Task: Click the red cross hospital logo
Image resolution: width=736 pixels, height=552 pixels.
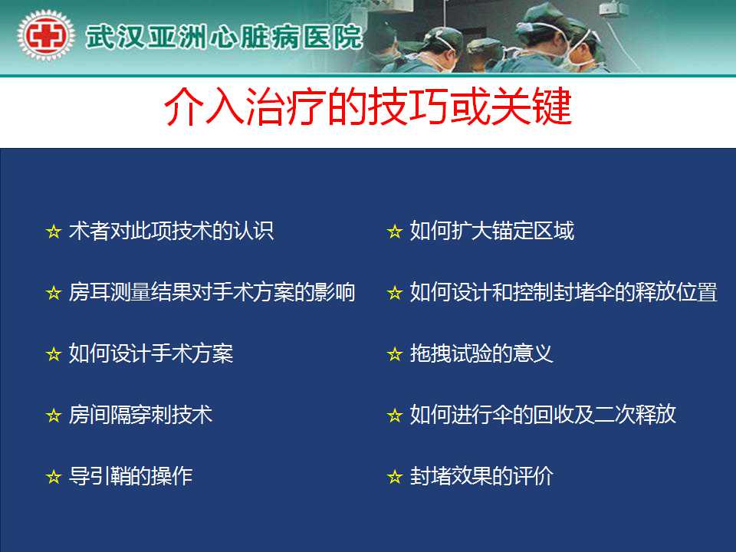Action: [46, 36]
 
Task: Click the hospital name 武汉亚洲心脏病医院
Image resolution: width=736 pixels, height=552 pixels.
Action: [225, 37]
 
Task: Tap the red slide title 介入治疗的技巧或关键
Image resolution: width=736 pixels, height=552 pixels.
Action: [368, 107]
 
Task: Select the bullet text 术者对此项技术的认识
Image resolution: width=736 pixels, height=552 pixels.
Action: [171, 231]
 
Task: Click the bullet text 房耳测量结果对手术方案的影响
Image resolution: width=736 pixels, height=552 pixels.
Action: [212, 292]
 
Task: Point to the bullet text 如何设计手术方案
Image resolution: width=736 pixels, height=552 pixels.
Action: [151, 353]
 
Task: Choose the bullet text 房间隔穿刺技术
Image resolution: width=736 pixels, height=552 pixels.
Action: [140, 415]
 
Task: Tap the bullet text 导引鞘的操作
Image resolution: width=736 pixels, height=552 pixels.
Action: [130, 476]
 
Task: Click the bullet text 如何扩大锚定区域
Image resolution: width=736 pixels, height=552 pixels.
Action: [492, 231]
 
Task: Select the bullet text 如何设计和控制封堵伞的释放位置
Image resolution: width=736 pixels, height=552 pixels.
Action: [563, 292]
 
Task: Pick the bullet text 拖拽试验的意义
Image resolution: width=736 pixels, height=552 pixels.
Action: [481, 353]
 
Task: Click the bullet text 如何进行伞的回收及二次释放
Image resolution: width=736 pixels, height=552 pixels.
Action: [543, 415]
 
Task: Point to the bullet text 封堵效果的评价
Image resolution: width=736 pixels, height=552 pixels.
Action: [481, 476]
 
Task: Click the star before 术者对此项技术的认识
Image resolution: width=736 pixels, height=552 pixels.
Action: [54, 232]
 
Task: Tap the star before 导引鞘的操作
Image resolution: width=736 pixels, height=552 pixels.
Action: [54, 477]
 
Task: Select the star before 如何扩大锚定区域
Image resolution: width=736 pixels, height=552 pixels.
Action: [395, 232]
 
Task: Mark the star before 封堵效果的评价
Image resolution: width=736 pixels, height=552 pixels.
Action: [395, 477]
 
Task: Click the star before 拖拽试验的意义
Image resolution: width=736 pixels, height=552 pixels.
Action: [395, 354]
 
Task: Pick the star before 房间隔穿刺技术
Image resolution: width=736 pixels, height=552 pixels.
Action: [54, 416]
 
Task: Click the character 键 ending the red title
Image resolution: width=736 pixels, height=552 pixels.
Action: [552, 107]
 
